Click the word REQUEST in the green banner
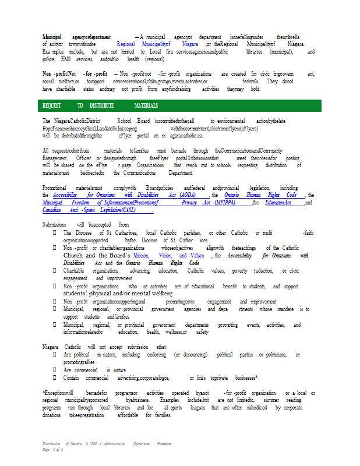(52, 106)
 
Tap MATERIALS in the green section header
(146, 106)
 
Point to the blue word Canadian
(52, 209)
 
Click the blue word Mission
(140, 255)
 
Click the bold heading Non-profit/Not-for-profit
(75, 74)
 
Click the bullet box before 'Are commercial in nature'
(55, 370)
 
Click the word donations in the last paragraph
(52, 415)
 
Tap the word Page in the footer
(47, 450)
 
